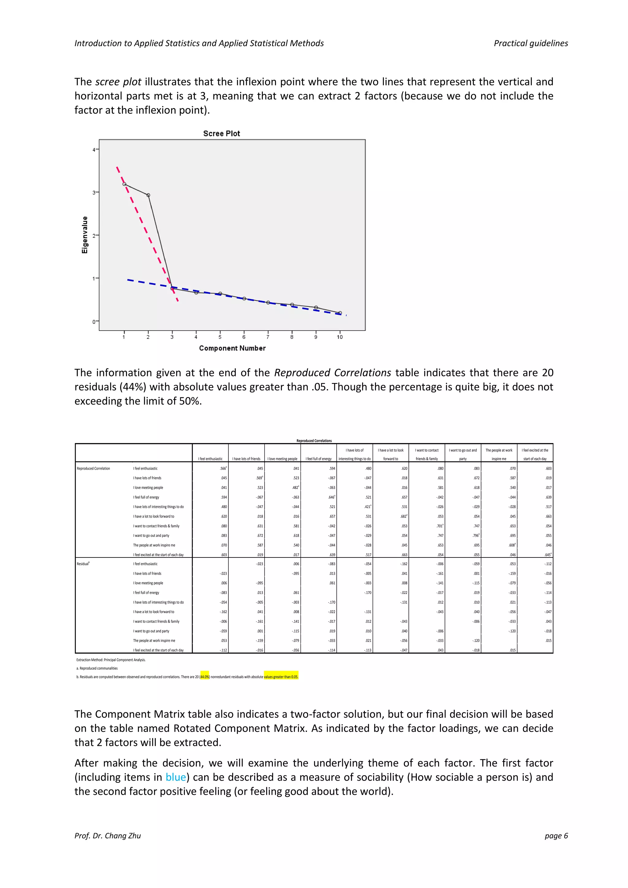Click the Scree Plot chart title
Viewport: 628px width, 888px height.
[222, 133]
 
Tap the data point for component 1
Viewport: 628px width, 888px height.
[124, 184]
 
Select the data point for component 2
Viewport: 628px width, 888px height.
[148, 195]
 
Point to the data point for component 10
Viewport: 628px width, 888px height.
[340, 313]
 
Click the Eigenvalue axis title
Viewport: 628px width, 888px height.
[85, 235]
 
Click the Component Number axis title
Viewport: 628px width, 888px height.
[232, 348]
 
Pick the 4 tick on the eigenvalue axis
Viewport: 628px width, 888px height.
[94, 150]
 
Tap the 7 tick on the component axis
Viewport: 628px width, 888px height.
[268, 337]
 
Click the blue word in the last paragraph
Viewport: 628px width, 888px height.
[176, 777]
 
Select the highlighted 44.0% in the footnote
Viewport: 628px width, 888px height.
[205, 677]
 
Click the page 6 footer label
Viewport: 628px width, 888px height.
[556, 836]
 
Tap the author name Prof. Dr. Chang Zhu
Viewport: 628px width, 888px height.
[108, 836]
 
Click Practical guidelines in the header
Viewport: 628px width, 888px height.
[530, 43]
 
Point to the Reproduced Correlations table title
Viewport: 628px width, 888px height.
[314, 441]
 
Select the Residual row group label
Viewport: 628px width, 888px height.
[83, 564]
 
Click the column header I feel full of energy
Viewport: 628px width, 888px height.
[318, 459]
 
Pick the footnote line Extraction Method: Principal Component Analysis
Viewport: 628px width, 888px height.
[111, 660]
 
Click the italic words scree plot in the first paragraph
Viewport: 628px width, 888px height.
[118, 82]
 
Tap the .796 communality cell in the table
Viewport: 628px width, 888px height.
[476, 536]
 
